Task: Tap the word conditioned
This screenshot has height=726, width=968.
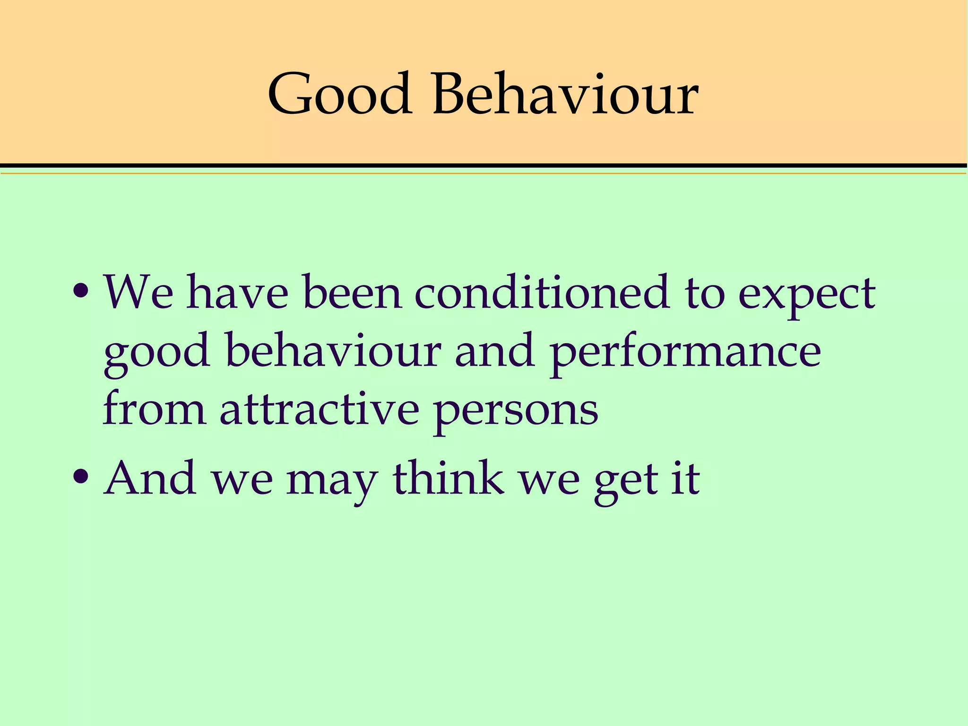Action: (542, 293)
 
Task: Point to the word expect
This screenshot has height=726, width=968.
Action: (806, 295)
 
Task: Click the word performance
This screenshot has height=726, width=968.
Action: (685, 352)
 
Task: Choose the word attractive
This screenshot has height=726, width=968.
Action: (320, 409)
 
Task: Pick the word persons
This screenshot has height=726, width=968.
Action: (516, 411)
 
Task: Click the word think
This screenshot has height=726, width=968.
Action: (449, 478)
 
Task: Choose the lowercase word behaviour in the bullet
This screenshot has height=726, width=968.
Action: (334, 351)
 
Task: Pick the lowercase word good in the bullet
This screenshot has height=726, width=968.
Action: (157, 352)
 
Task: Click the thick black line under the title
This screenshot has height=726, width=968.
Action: (484, 165)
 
